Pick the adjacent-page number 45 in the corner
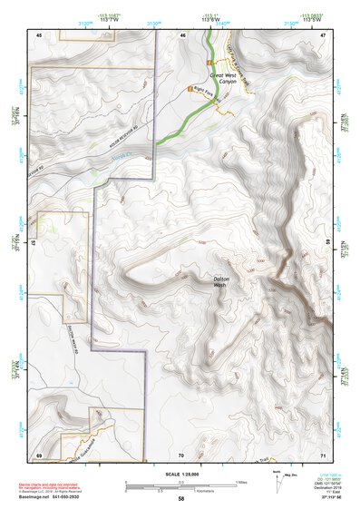pyautogui.click(x=39, y=34)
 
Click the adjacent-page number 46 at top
pyautogui.click(x=182, y=34)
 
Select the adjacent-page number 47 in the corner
pyautogui.click(x=323, y=34)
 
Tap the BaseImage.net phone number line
pyautogui.click(x=56, y=498)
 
